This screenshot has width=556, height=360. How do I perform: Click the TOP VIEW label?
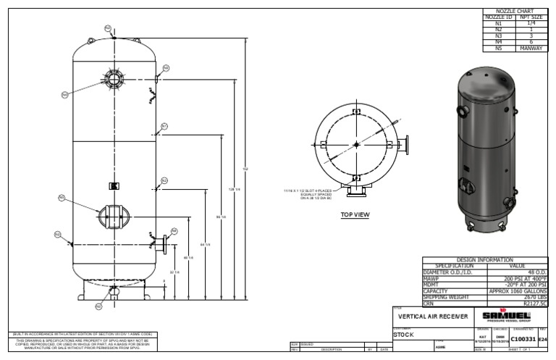[355, 214]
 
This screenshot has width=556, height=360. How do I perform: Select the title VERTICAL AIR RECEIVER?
[433, 317]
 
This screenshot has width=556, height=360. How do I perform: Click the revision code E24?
[544, 339]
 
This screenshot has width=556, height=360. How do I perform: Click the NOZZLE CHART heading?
[517, 12]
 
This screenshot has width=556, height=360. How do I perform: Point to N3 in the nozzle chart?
[497, 35]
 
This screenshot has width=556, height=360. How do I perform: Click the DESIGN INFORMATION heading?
[485, 259]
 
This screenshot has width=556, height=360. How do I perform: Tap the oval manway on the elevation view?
[114, 215]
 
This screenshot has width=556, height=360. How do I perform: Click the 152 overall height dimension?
[245, 169]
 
